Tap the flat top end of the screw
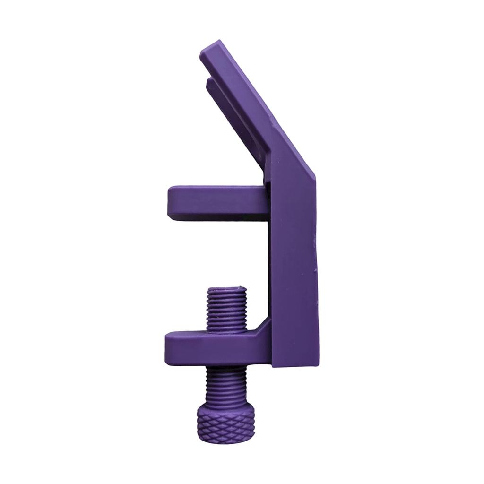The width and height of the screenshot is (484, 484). pos(227,289)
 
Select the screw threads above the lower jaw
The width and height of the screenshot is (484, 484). pos(227,310)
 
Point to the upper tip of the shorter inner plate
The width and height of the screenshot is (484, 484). pos(208,83)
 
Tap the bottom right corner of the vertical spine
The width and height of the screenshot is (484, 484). pos(317,364)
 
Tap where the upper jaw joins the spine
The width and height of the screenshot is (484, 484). pos(268,201)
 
